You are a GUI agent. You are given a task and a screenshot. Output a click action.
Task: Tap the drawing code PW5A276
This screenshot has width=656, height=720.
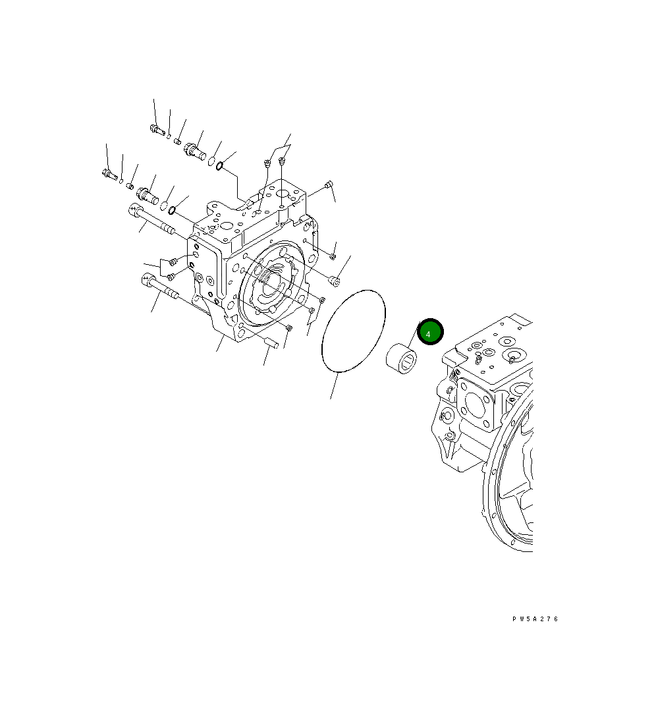(x=535, y=619)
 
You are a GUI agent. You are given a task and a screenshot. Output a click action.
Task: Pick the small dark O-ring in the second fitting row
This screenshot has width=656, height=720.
(x=172, y=211)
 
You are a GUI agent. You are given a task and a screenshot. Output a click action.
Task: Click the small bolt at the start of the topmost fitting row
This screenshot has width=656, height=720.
(x=157, y=130)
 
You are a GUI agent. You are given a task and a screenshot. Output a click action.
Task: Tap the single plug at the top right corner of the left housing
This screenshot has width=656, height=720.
(x=329, y=185)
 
